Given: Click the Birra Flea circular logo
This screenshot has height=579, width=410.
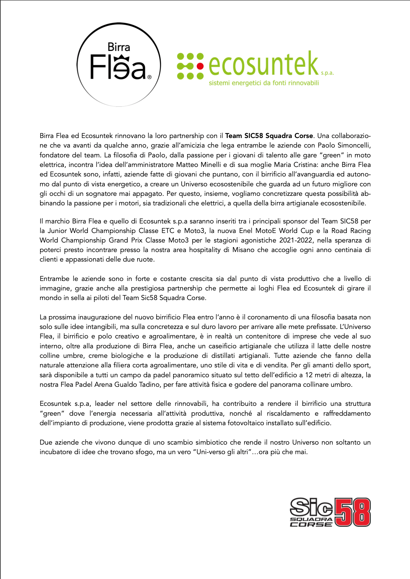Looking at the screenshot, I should point(118,64).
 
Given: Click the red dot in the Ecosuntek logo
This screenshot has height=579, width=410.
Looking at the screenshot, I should point(199,66).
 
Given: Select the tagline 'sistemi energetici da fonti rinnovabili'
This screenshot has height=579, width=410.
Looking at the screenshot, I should point(264,83).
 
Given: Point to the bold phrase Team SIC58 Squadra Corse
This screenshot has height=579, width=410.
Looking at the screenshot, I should point(269,136).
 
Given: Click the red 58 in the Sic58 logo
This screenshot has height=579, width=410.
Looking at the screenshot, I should point(352,512).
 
